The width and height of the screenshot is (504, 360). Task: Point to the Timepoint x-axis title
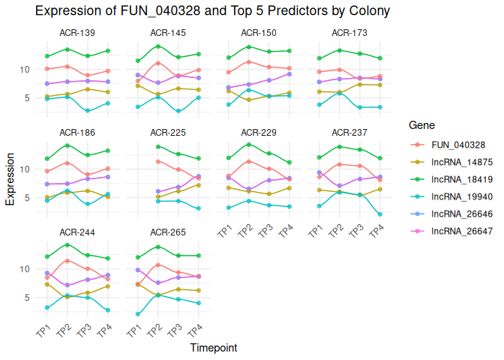click(214, 348)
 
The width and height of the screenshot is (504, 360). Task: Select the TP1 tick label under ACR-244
click(43, 331)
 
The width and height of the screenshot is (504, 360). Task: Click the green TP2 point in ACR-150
click(248, 47)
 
